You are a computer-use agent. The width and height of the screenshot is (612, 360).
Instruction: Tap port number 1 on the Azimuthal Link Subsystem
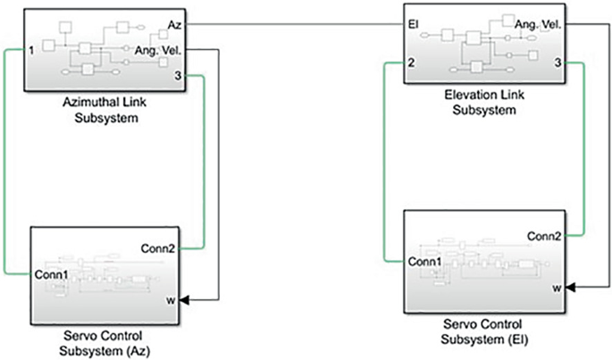pyautogui.click(x=31, y=51)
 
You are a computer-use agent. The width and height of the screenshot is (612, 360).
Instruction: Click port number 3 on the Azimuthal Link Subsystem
pyautogui.click(x=177, y=78)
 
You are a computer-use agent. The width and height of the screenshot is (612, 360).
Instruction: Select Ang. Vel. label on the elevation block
pyautogui.click(x=539, y=27)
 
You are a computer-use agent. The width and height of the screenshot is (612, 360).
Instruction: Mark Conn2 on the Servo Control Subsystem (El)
pyautogui.click(x=544, y=237)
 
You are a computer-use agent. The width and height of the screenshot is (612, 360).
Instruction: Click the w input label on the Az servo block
pyautogui.click(x=170, y=300)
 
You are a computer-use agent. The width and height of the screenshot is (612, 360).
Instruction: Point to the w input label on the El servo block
pyautogui.click(x=556, y=289)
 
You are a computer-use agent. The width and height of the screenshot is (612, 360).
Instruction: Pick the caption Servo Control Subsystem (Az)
pyautogui.click(x=106, y=344)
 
